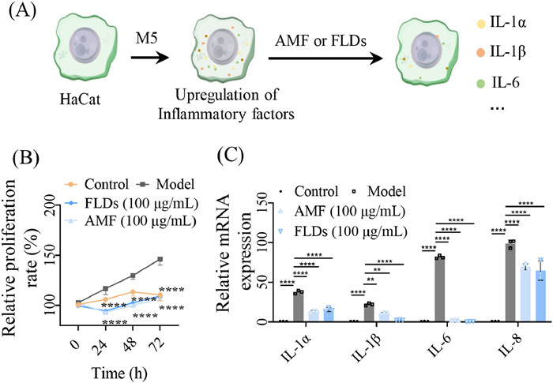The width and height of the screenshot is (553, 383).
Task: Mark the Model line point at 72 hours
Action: (160, 259)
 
